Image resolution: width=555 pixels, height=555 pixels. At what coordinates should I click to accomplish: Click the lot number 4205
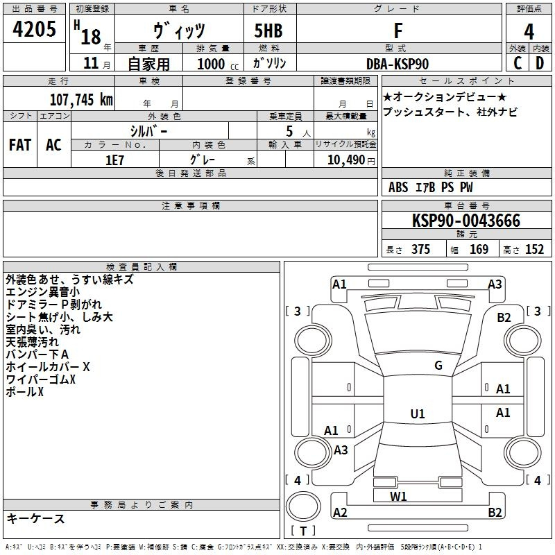pyautogui.click(x=34, y=29)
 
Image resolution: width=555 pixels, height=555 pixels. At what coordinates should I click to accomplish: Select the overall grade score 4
pyautogui.click(x=529, y=32)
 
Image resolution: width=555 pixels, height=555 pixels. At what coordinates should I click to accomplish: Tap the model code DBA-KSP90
pyautogui.click(x=398, y=64)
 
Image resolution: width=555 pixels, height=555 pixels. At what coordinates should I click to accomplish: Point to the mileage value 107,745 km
pyautogui.click(x=81, y=100)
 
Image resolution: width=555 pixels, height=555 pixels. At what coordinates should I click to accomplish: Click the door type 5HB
pyautogui.click(x=268, y=31)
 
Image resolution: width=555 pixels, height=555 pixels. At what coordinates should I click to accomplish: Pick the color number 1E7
pyautogui.click(x=114, y=160)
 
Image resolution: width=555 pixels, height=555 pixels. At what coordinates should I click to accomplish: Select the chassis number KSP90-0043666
pyautogui.click(x=466, y=221)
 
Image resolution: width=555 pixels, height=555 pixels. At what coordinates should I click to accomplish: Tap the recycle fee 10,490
pyautogui.click(x=345, y=160)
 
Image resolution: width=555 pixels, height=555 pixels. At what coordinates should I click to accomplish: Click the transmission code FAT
pyautogui.click(x=20, y=145)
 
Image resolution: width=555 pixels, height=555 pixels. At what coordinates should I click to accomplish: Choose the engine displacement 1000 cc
pyautogui.click(x=218, y=64)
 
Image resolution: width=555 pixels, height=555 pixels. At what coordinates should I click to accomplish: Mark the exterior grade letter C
pyautogui.click(x=518, y=63)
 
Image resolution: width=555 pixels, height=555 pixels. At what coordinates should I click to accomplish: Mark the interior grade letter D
pyautogui.click(x=540, y=63)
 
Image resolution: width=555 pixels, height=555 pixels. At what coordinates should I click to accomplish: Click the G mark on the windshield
pyautogui.click(x=438, y=366)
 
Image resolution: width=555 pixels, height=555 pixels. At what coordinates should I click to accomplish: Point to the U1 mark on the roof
pyautogui.click(x=418, y=413)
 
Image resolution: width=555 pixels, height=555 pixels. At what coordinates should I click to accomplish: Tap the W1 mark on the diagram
pyautogui.click(x=398, y=497)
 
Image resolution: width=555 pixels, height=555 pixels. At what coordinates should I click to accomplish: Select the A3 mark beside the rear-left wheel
pyautogui.click(x=341, y=450)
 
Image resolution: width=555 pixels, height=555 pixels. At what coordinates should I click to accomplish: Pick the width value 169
pyautogui.click(x=479, y=250)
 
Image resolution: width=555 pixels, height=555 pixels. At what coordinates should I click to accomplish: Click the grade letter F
pyautogui.click(x=398, y=31)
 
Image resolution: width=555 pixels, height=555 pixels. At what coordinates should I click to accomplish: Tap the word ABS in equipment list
pyautogui.click(x=398, y=187)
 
